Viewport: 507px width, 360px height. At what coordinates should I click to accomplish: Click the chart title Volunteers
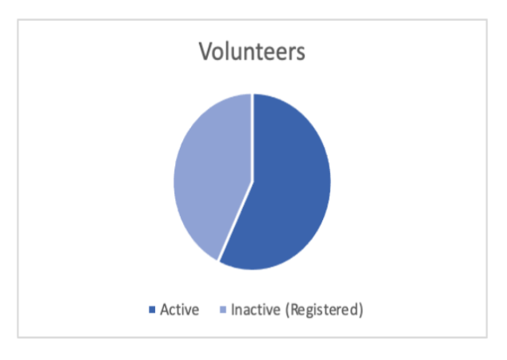click(252, 51)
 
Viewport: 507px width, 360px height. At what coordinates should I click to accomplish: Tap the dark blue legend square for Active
click(152, 310)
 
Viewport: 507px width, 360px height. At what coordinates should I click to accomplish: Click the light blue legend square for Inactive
click(223, 310)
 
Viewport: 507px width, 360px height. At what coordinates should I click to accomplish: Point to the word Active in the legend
click(180, 310)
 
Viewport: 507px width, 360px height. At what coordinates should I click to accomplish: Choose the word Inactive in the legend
click(256, 310)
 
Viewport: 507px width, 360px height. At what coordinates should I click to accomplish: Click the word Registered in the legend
click(325, 310)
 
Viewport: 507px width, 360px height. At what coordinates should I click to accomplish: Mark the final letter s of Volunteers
click(301, 54)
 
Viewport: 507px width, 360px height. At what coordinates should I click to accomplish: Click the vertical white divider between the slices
click(253, 138)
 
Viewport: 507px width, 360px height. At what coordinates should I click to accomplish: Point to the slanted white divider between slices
click(235, 222)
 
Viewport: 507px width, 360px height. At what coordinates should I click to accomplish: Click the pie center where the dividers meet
click(253, 182)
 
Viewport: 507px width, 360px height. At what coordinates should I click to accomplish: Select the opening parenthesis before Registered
click(287, 310)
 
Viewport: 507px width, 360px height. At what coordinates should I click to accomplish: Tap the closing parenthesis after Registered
click(361, 310)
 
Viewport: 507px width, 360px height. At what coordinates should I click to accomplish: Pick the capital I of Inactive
click(233, 310)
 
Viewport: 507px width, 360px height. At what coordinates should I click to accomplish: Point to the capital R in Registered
click(294, 310)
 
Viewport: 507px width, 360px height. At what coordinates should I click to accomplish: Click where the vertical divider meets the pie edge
click(253, 94)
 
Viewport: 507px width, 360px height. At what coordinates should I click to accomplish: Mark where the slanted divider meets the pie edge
click(218, 261)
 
